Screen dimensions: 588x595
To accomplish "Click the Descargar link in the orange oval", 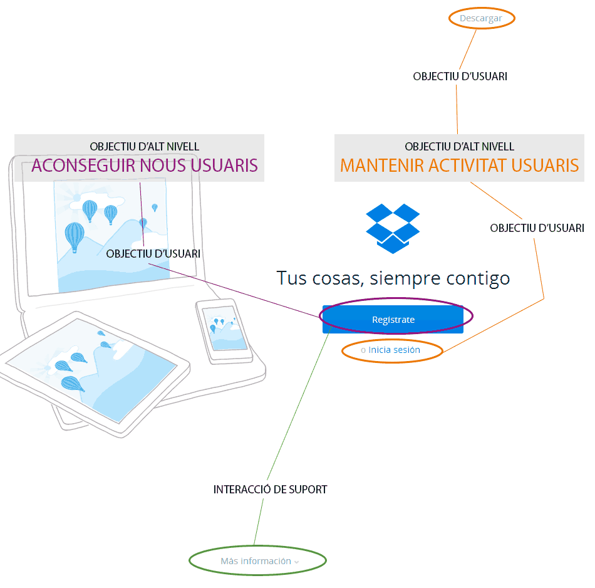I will [481, 18].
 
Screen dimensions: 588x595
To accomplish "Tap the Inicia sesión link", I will [394, 350].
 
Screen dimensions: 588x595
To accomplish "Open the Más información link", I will [256, 561].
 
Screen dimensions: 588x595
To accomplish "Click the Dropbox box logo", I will [393, 228].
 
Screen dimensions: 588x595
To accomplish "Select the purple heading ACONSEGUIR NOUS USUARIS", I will [145, 165].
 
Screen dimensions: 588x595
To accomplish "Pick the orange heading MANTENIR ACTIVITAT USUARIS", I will [459, 165].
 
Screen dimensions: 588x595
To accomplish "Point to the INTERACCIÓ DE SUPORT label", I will [270, 489].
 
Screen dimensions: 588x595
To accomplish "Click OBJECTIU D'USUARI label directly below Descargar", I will [460, 76].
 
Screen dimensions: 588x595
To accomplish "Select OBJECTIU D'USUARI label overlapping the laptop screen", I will [153, 254].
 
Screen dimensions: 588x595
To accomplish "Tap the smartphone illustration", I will [224, 330].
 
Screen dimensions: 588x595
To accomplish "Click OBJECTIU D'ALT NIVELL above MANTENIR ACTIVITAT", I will [459, 147].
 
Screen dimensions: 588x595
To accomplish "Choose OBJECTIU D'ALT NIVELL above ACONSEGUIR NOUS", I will [145, 147].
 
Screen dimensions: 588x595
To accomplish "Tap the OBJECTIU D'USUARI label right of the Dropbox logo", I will [537, 228].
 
